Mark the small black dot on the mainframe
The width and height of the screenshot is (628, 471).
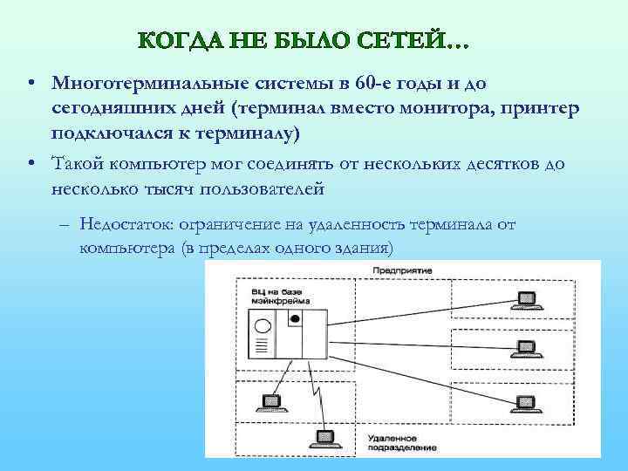click(295, 319)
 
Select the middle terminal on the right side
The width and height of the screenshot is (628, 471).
click(526, 346)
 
